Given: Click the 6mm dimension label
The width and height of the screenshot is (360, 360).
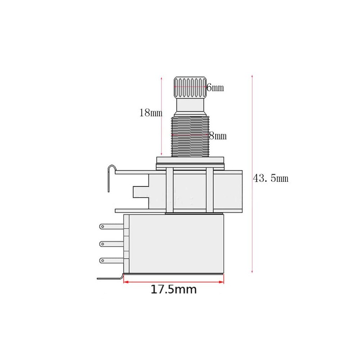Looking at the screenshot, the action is [215, 87].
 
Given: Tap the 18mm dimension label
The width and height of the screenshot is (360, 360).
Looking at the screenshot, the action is [151, 113].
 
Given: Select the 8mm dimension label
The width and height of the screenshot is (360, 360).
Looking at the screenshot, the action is [218, 136].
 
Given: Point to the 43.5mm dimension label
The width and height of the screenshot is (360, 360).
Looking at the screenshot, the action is [270, 178].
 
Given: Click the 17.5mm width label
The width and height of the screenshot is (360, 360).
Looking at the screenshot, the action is [174, 289].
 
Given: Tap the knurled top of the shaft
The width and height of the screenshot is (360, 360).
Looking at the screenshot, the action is [190, 87].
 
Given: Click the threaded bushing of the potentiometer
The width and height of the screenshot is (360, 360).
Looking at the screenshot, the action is [190, 137].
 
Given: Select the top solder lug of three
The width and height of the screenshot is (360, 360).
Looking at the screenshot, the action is [112, 227].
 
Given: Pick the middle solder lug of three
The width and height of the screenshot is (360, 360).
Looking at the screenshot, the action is [112, 244].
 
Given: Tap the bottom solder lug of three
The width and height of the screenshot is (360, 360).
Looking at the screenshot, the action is [112, 261].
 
